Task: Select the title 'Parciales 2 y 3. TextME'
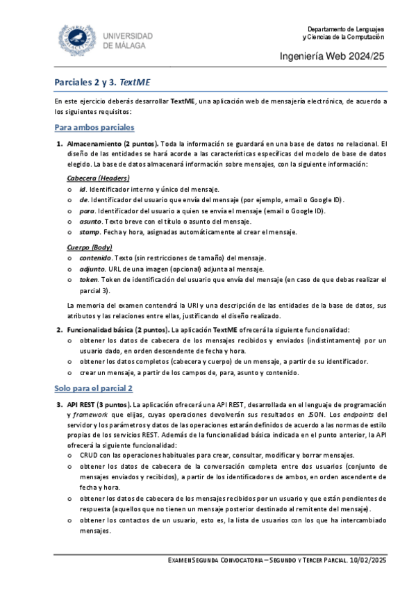click(102, 82)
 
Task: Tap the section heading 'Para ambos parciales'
click(94, 128)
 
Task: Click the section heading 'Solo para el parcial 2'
click(94, 389)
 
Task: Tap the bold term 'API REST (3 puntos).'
click(99, 404)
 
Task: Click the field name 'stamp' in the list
click(89, 231)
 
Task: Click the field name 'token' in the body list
click(88, 279)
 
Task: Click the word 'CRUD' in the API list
click(90, 454)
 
